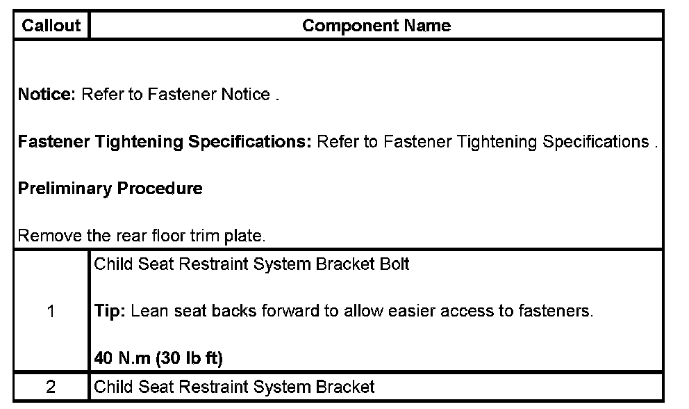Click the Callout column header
(51, 26)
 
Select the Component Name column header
(376, 26)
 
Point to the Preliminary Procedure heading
(110, 189)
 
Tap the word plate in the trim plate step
(246, 236)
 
